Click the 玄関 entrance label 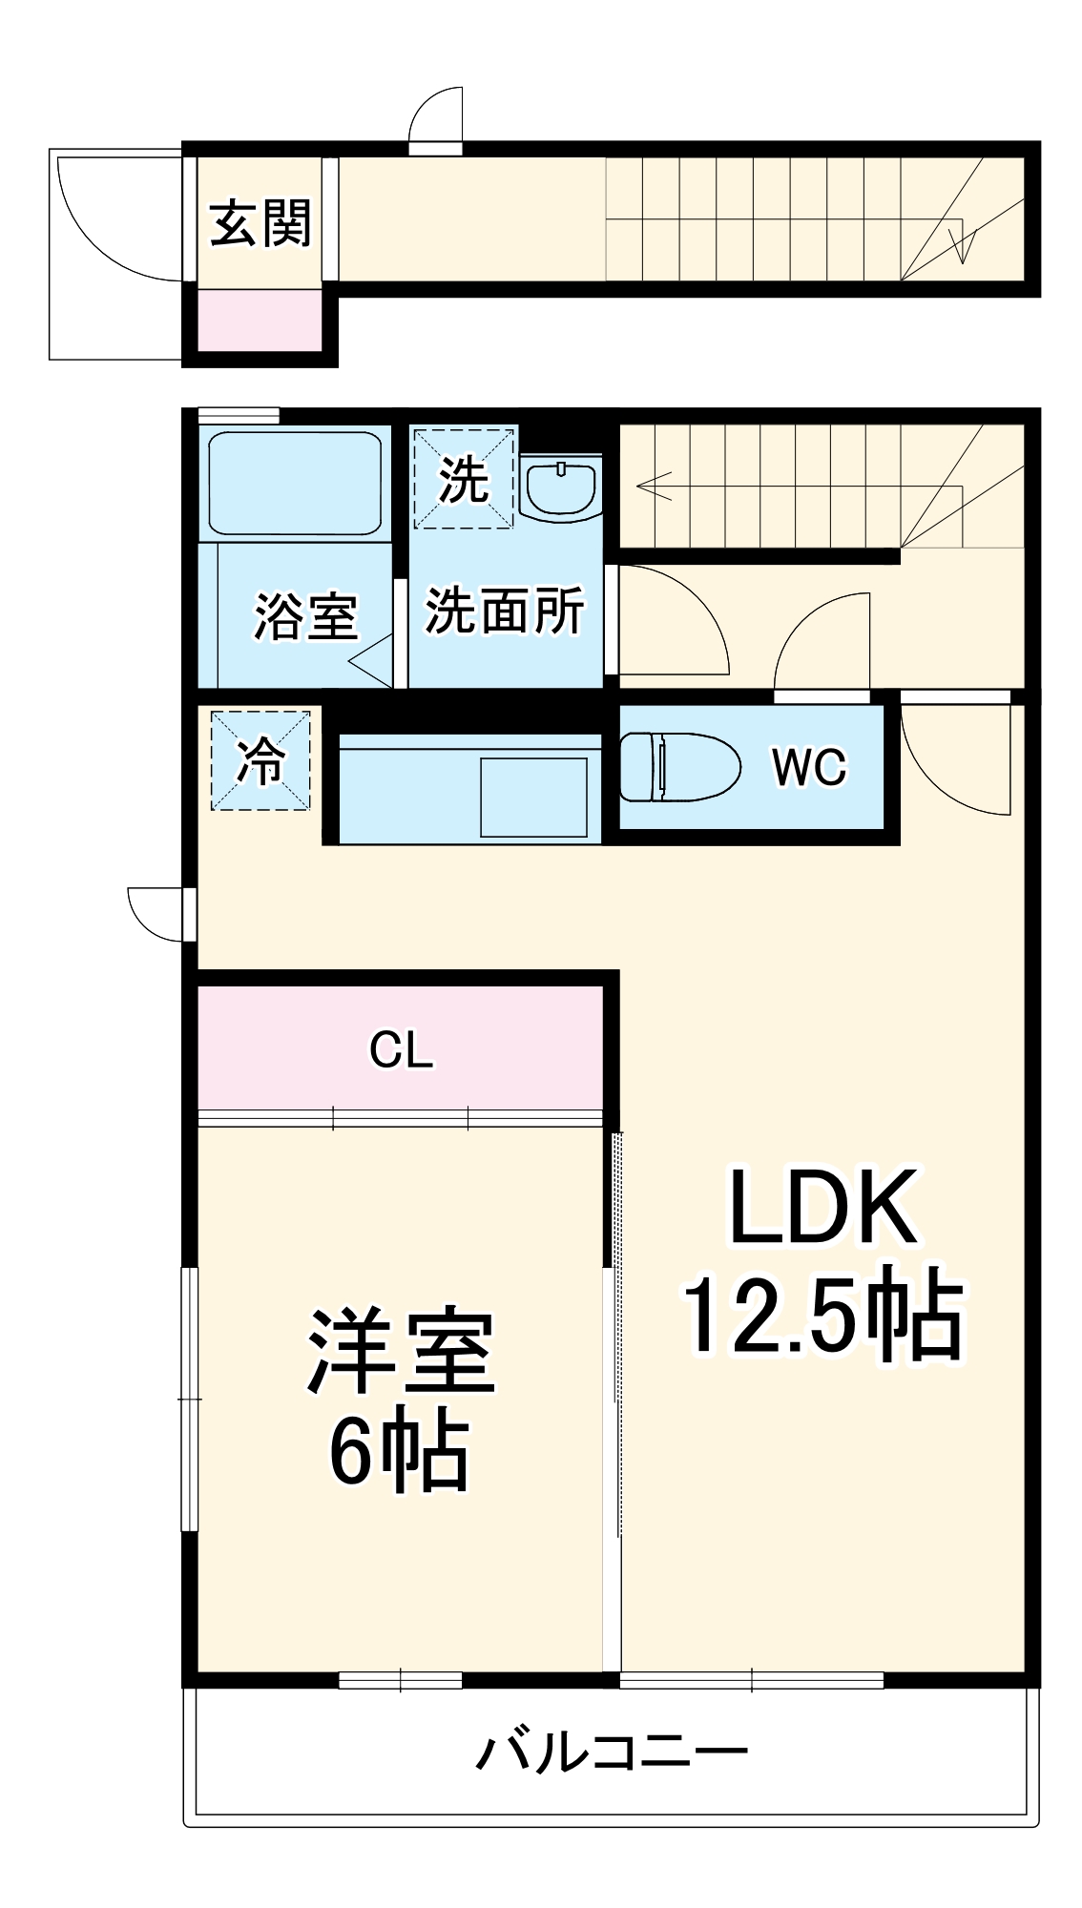pyautogui.click(x=260, y=224)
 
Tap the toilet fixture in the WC pyautogui.click(x=680, y=767)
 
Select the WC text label pyautogui.click(x=809, y=766)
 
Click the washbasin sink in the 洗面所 pyautogui.click(x=561, y=488)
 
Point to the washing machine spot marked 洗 pyautogui.click(x=464, y=478)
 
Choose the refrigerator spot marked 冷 pyautogui.click(x=260, y=760)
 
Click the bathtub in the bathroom pyautogui.click(x=295, y=483)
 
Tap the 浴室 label pyautogui.click(x=305, y=616)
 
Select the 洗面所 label pyautogui.click(x=504, y=611)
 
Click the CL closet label pyautogui.click(x=401, y=1050)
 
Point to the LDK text pyautogui.click(x=822, y=1208)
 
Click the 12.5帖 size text pyautogui.click(x=822, y=1315)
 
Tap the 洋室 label pyautogui.click(x=401, y=1353)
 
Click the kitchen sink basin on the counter pyautogui.click(x=533, y=797)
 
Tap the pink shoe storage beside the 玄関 pyautogui.click(x=260, y=321)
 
